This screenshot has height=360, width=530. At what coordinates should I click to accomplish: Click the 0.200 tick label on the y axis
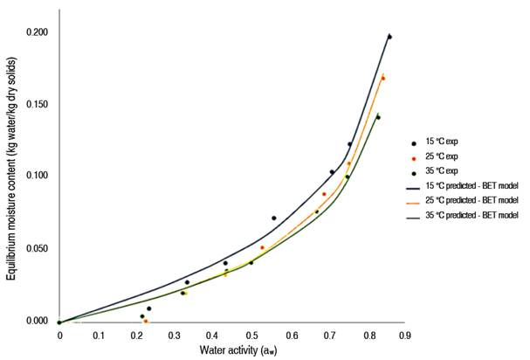pos(35,32)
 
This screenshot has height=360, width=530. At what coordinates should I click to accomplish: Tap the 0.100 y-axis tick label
pos(35,177)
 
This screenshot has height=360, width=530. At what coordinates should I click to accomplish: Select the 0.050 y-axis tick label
pos(35,249)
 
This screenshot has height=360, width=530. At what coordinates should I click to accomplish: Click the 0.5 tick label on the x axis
pos(251,334)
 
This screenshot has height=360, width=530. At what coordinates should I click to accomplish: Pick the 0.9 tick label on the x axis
pos(404,334)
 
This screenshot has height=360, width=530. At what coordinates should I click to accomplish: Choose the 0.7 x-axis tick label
pos(328,334)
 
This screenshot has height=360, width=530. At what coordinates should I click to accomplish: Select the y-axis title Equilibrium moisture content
pos(10,175)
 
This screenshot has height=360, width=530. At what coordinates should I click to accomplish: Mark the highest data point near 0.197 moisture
pos(389,37)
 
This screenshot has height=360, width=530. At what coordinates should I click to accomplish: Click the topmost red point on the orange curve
pos(382,79)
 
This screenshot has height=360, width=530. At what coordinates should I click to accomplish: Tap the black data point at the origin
pos(59,322)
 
